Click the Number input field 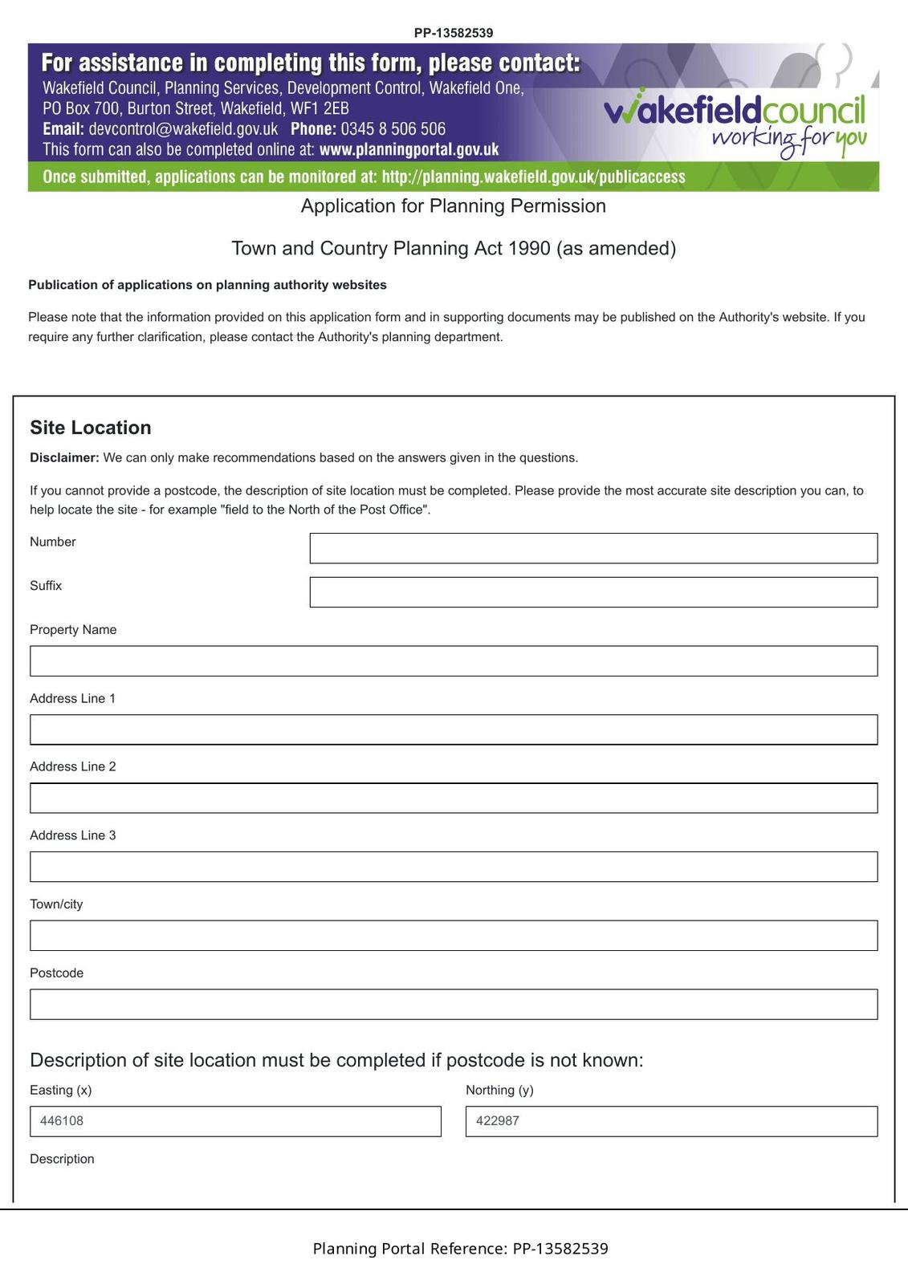point(593,548)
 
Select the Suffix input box point(593,592)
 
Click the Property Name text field point(454,661)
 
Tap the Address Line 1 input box point(454,729)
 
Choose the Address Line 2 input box point(454,798)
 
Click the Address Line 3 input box point(454,867)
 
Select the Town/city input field point(454,936)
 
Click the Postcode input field point(454,1005)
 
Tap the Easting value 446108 point(62,1121)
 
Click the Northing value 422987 point(498,1121)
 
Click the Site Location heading point(91,428)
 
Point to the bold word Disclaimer point(64,458)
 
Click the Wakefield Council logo point(735,120)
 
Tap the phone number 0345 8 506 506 point(393,129)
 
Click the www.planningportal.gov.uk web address point(409,150)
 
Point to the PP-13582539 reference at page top point(454,33)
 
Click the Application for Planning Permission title point(454,206)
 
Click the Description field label point(62,1159)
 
